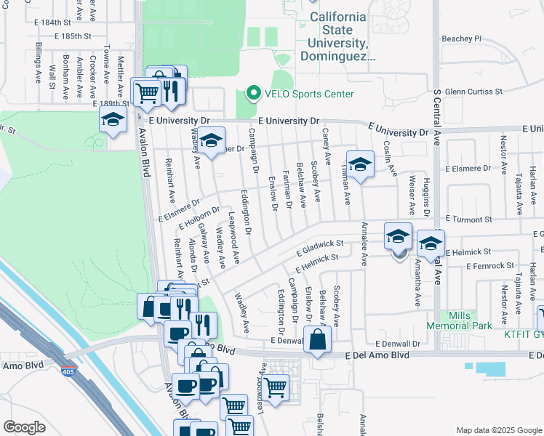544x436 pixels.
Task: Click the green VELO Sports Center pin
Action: [x=253, y=93]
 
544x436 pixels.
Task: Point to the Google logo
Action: [x=24, y=427]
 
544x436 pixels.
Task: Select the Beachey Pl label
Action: [x=462, y=39]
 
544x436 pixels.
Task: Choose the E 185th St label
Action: [x=73, y=35]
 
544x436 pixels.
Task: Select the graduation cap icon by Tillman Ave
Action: [x=360, y=164]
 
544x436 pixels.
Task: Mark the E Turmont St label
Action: [x=468, y=219]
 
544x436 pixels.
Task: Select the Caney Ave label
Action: [x=327, y=147]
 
